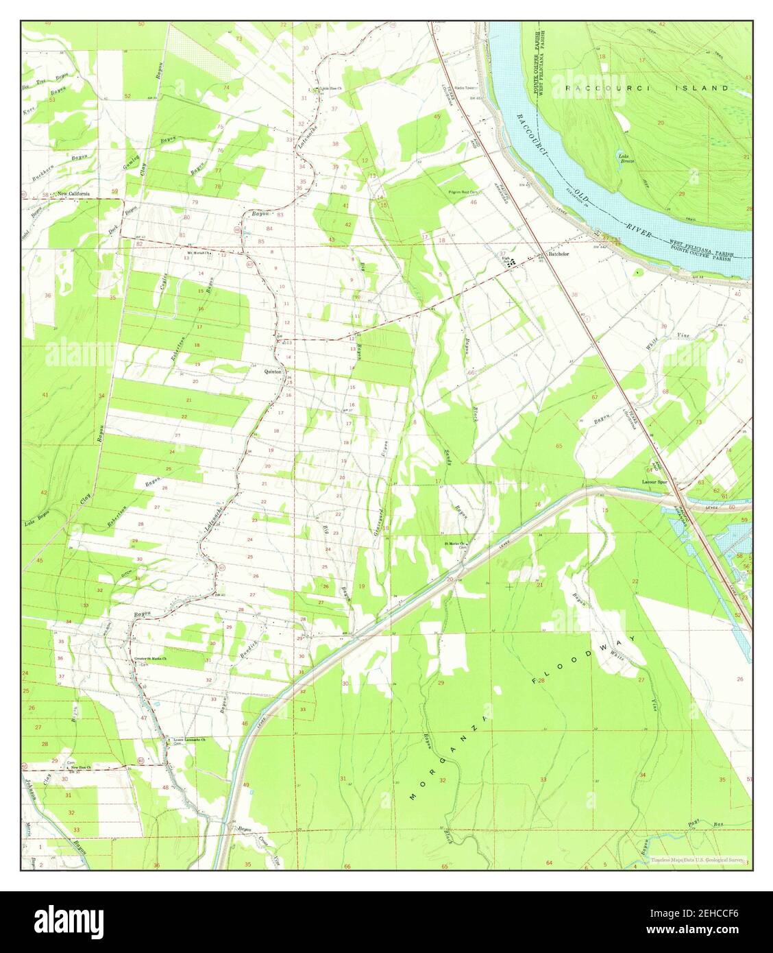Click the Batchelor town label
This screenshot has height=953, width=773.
(559, 254)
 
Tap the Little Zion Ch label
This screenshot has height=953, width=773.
(330, 88)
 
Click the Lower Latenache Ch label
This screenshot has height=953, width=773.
(190, 740)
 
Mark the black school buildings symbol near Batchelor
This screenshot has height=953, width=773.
(509, 261)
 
